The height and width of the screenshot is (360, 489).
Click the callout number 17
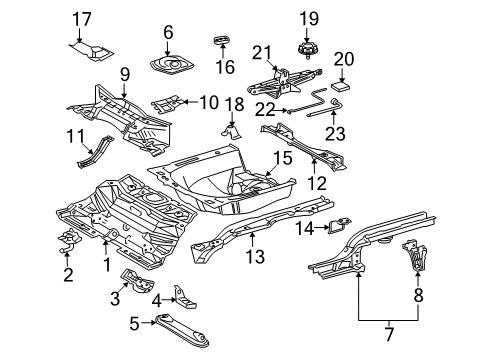coord(82,19)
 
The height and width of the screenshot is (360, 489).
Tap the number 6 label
coord(168,32)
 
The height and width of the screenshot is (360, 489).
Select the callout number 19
coord(309,19)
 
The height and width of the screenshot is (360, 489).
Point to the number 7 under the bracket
coord(389,334)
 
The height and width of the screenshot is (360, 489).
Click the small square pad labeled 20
coord(341,86)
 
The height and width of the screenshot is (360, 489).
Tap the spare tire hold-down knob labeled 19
coord(307,50)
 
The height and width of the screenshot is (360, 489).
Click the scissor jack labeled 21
coord(284,82)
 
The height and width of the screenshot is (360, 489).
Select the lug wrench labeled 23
coord(326,109)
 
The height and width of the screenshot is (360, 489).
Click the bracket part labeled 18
coord(232,132)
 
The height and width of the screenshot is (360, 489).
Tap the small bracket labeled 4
coord(184,298)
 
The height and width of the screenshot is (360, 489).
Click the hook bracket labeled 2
coord(70,241)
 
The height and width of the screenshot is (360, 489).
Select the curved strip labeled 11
coord(95,152)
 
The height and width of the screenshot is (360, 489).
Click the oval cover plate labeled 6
coord(172,64)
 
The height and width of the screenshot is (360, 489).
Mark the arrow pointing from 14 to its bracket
coord(322,228)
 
